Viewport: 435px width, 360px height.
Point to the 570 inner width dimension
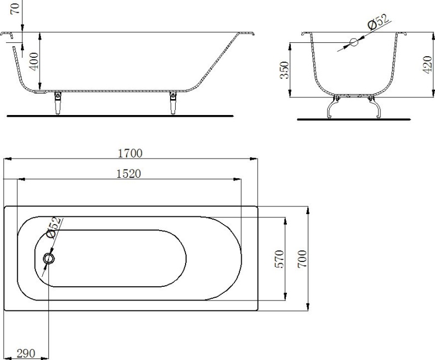click(x=279, y=259)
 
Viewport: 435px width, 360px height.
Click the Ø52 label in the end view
click(x=378, y=23)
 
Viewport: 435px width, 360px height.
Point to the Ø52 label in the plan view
click(x=53, y=227)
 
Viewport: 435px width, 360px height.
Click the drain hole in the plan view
click(x=50, y=258)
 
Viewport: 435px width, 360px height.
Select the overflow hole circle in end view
click(x=354, y=42)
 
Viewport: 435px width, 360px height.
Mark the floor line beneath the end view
click(x=353, y=119)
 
